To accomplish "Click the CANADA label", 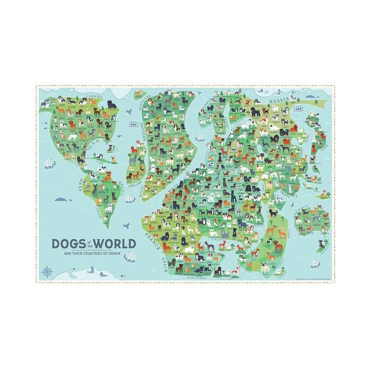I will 95,96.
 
